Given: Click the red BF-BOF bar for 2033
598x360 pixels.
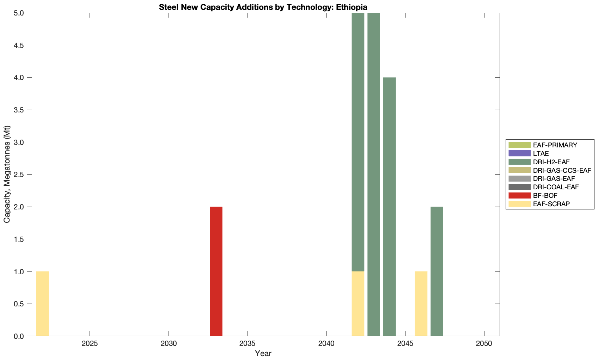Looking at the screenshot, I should pyautogui.click(x=216, y=271).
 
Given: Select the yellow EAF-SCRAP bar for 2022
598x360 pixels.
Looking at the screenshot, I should pyautogui.click(x=42, y=304).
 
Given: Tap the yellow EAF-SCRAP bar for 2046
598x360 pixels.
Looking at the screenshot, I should pyautogui.click(x=421, y=304).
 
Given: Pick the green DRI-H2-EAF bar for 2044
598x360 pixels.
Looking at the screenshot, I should pyautogui.click(x=389, y=207).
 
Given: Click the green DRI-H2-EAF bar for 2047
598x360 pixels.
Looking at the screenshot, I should pyautogui.click(x=437, y=271).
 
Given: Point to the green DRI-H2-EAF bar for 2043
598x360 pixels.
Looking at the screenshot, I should pyautogui.click(x=374, y=174).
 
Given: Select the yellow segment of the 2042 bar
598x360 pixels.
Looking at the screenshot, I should pyautogui.click(x=358, y=304).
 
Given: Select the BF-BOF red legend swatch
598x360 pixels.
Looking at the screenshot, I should pyautogui.click(x=519, y=195).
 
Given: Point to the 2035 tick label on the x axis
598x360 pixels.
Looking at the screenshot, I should pyautogui.click(x=248, y=343).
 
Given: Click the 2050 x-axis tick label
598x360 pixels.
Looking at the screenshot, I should pyautogui.click(x=484, y=343).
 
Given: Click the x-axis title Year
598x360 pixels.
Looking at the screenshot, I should pyautogui.click(x=263, y=353).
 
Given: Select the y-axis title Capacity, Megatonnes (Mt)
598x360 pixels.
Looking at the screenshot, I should pyautogui.click(x=7, y=174).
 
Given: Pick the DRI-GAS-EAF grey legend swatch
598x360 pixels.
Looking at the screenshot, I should pyautogui.click(x=519, y=179).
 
